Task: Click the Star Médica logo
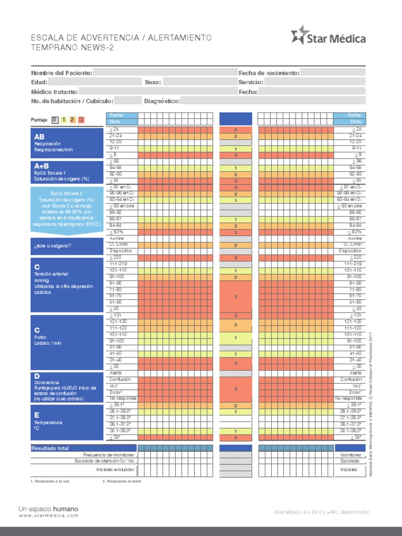pos(328,37)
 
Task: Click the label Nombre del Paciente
pos(61,73)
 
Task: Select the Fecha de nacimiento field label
pos(269,73)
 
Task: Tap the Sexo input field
pos(199,82)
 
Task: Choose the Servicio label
pos(251,82)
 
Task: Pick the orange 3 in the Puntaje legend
pos(81,120)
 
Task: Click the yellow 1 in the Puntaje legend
pos(63,120)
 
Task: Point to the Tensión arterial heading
pos(51,274)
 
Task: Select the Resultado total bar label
pos(50,449)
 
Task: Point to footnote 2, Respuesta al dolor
pos(122,481)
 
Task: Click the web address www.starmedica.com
pos(48,516)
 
